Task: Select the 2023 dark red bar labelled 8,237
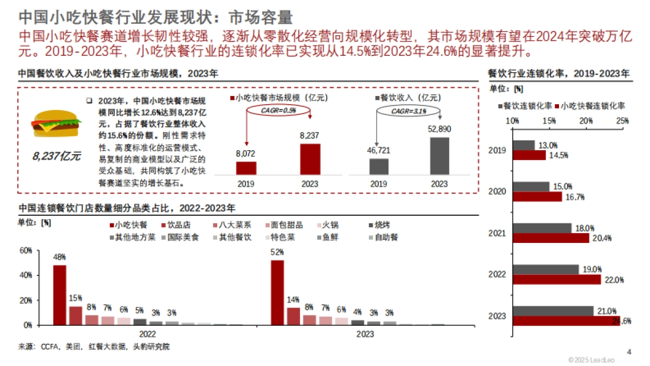pos(310,159)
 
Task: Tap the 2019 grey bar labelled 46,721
pos(379,166)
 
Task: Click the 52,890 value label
pos(439,129)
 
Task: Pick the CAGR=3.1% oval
pos(409,111)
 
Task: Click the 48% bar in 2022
pos(60,295)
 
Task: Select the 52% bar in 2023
pos(277,293)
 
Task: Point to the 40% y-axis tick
pos(26,275)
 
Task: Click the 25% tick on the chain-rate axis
pos(622,120)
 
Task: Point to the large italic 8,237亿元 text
pos(56,157)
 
